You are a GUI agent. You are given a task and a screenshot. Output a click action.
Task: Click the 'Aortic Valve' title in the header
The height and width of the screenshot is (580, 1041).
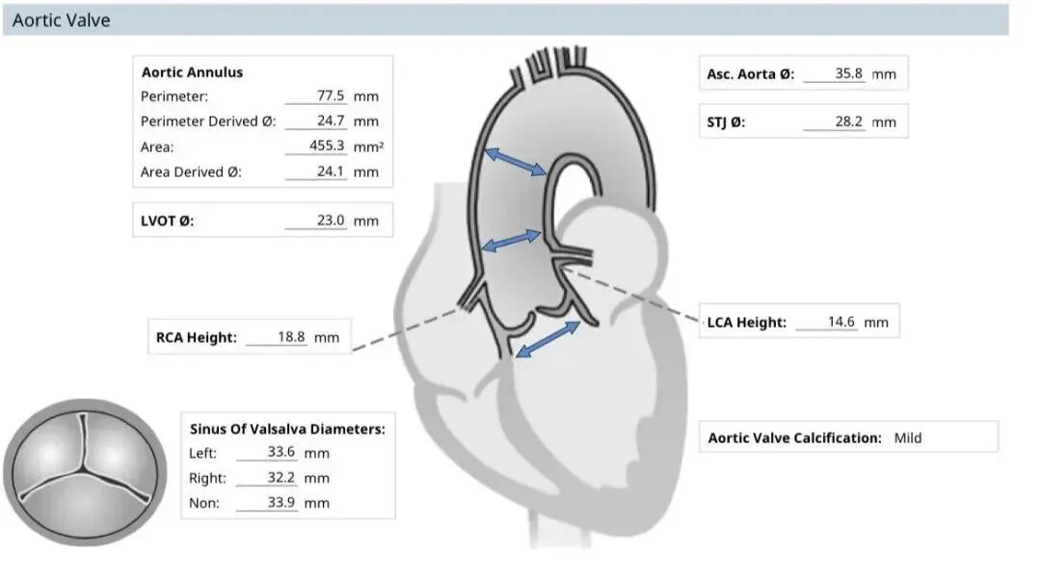(61, 20)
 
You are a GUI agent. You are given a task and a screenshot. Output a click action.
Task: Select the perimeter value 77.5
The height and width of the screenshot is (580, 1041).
(331, 96)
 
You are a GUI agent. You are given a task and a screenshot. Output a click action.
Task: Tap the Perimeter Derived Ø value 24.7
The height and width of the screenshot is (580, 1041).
(331, 121)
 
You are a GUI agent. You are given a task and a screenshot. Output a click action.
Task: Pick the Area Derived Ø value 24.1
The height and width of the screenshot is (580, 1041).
(331, 171)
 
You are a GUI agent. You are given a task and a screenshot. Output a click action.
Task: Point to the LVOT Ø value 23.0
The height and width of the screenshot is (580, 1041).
(331, 221)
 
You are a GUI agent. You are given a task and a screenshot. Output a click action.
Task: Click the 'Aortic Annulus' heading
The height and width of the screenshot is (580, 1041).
(192, 72)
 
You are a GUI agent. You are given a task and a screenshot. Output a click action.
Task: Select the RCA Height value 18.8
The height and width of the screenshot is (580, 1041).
(291, 337)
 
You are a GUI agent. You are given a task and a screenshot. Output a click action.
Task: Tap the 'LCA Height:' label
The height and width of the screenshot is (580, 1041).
(746, 323)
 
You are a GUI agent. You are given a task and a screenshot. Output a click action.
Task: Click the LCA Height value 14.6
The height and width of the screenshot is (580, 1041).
(841, 322)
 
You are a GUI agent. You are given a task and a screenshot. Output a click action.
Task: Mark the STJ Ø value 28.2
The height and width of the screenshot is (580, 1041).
(848, 122)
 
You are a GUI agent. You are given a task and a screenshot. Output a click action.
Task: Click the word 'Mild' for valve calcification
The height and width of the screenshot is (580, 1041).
(908, 438)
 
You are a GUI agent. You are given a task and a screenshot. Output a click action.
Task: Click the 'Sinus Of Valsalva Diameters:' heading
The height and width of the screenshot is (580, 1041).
(287, 429)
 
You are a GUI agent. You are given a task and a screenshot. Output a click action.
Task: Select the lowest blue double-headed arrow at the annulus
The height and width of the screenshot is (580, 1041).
(548, 339)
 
